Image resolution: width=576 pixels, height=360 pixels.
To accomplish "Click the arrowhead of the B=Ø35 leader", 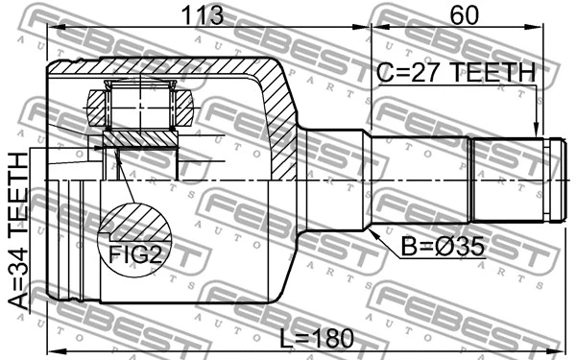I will (x=370, y=229).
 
